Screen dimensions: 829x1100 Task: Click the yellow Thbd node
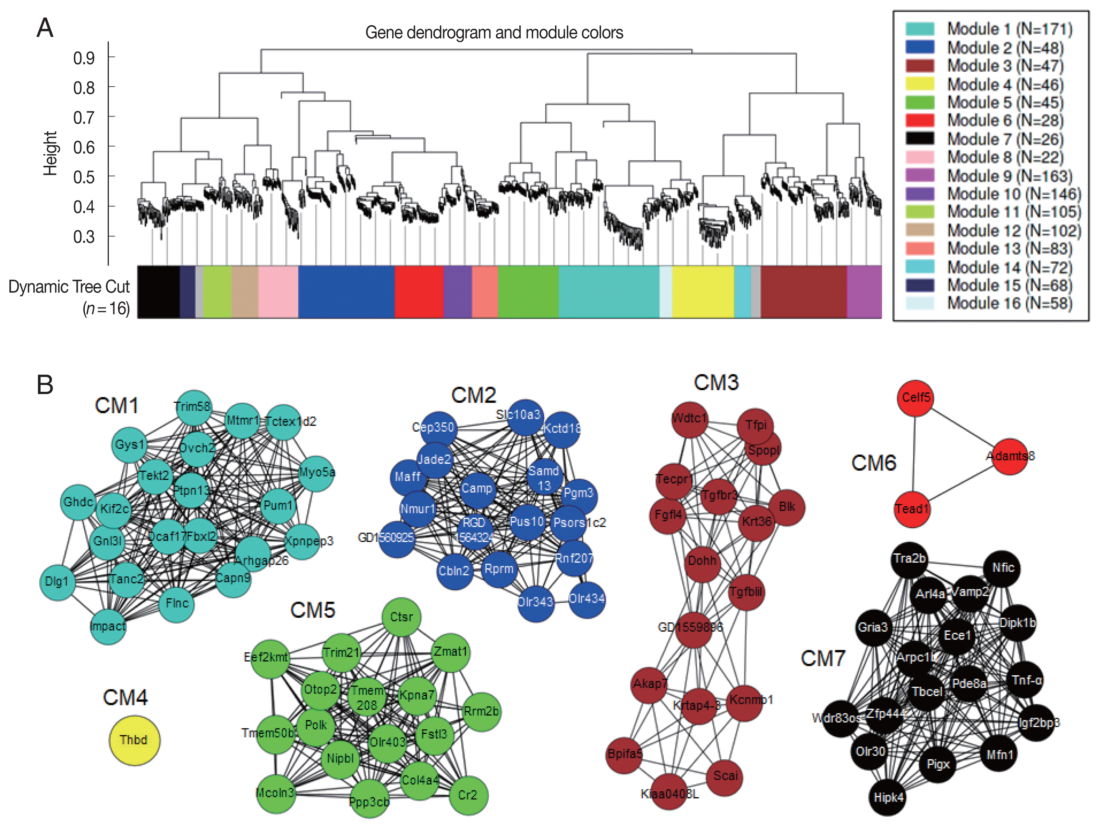click(x=134, y=740)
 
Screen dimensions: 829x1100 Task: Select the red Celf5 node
click(x=915, y=398)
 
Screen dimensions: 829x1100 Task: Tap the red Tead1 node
click(x=912, y=509)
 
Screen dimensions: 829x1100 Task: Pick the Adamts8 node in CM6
click(x=1009, y=456)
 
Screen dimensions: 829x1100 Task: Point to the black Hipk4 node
click(x=888, y=798)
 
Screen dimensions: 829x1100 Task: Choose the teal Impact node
click(x=108, y=626)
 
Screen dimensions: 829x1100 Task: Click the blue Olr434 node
click(x=587, y=599)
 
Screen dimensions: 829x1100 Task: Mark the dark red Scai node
click(x=725, y=776)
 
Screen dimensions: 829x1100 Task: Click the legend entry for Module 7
click(x=1005, y=139)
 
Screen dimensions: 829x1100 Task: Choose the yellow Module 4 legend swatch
click(x=920, y=84)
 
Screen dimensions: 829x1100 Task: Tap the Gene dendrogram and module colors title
click(x=494, y=33)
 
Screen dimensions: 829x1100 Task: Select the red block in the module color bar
click(x=419, y=292)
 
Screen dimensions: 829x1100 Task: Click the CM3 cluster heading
click(x=716, y=382)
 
